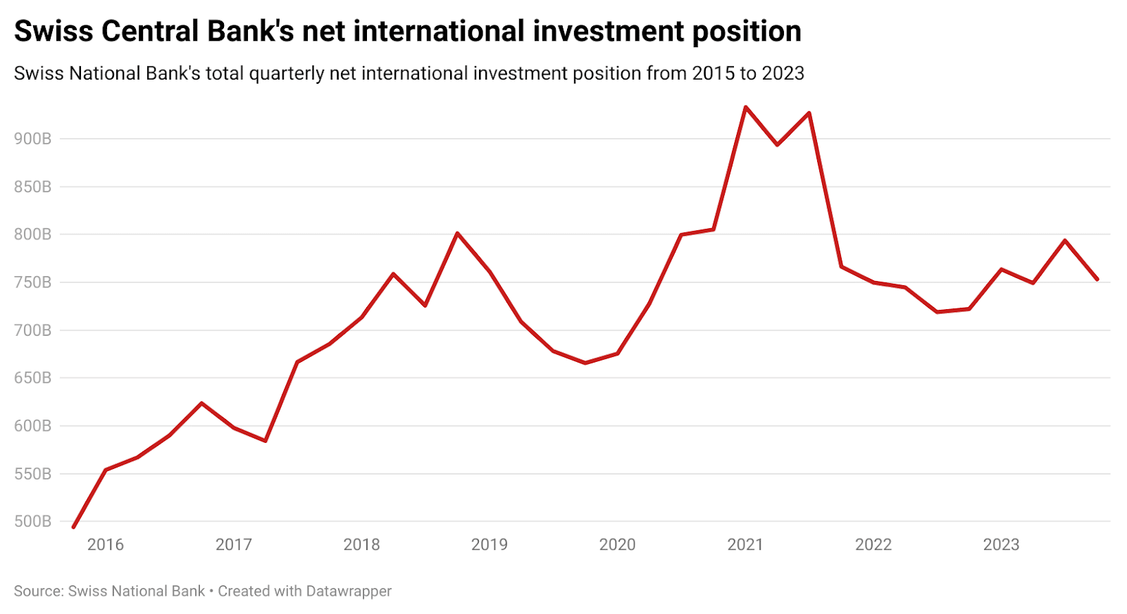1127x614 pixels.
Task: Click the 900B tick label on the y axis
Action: (x=32, y=139)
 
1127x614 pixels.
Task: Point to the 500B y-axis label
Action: (x=32, y=522)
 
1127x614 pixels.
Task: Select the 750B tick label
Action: (x=32, y=282)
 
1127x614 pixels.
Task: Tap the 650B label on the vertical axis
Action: (x=32, y=378)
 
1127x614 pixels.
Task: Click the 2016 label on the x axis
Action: (x=106, y=544)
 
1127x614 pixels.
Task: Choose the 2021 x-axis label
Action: (x=745, y=544)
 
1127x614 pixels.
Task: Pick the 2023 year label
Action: (x=1001, y=544)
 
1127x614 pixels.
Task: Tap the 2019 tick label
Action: (x=489, y=544)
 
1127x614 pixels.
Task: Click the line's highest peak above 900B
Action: (x=746, y=107)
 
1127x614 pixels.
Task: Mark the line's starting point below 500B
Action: (x=73, y=527)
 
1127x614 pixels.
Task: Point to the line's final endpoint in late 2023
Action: (x=1097, y=280)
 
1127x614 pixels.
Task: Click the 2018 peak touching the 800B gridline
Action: (x=457, y=233)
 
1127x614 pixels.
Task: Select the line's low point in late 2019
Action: (x=585, y=363)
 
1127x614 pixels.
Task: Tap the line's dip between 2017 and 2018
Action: (x=266, y=441)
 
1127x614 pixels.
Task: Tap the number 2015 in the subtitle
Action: (x=713, y=73)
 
